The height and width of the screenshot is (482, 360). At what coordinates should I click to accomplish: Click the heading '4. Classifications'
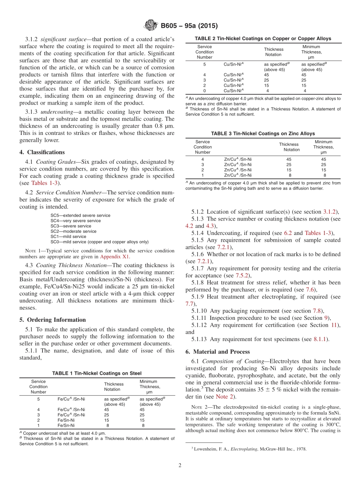point(42,152)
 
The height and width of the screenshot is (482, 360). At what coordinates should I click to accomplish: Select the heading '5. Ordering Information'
point(53,319)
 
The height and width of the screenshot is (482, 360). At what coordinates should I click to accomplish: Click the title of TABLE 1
point(97,373)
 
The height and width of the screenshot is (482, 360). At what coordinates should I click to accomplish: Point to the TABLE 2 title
point(263,38)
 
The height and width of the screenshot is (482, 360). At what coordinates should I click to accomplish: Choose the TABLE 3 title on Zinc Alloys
point(263,133)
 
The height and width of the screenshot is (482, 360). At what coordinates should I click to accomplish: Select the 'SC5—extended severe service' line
point(80,215)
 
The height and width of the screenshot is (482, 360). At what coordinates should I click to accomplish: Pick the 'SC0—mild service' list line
point(99,242)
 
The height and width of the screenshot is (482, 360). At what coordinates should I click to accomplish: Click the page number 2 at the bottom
point(180,465)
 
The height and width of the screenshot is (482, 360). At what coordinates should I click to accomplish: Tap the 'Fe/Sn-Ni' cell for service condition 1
point(66,425)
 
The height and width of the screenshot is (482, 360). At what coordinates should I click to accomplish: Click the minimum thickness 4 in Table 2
point(305,91)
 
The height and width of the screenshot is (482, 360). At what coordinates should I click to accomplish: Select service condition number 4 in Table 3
point(202,159)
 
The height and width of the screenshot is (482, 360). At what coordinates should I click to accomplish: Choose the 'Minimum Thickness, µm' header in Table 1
point(150,387)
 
